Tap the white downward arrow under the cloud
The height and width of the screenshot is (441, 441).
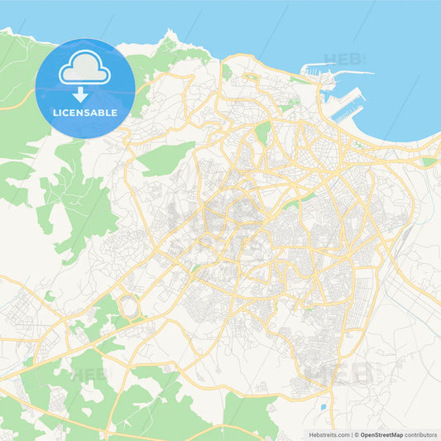click(x=80, y=95)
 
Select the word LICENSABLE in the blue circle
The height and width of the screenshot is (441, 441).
click(x=84, y=113)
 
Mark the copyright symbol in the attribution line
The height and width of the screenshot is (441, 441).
click(x=357, y=434)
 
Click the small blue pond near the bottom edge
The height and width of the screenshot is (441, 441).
click(x=322, y=407)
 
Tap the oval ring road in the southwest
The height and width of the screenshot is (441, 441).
click(x=129, y=306)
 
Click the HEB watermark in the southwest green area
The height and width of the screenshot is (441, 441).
click(x=89, y=374)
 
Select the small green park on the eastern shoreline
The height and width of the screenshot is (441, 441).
click(x=428, y=162)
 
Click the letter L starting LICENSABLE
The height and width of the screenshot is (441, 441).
click(x=55, y=113)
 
